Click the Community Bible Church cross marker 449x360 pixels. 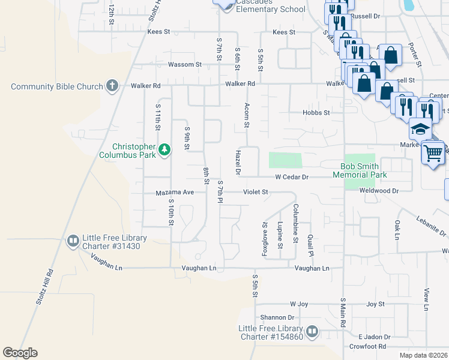click(x=112, y=86)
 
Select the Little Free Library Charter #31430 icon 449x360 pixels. click(x=73, y=241)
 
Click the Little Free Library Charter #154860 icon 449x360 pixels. click(x=312, y=332)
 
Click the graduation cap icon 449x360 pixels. click(x=421, y=129)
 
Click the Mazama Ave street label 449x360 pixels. click(x=175, y=192)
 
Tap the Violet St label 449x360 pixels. click(x=255, y=192)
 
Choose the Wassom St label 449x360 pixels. click(x=184, y=64)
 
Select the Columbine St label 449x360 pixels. click(x=295, y=223)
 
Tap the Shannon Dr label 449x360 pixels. click(x=277, y=317)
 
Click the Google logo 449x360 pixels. click(x=20, y=353)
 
